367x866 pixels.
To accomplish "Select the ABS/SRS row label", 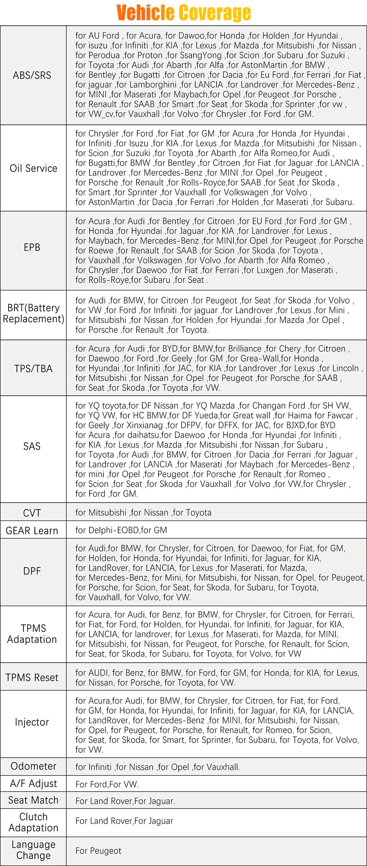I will click(x=32, y=75).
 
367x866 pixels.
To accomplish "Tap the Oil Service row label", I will click(x=33, y=168).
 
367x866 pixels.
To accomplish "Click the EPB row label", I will click(x=32, y=247).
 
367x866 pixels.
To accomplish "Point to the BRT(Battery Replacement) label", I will click(x=33, y=313).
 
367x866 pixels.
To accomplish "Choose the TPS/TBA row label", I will click(x=33, y=368).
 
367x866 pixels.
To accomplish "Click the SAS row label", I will click(x=32, y=446).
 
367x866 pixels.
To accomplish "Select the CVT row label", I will click(x=32, y=512).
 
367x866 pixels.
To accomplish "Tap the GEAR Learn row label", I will click(x=32, y=530).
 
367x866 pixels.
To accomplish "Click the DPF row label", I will click(x=32, y=571).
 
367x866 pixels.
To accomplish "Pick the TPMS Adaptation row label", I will click(x=32, y=634).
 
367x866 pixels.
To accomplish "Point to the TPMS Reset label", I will click(x=32, y=677).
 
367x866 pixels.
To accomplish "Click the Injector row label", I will click(x=32, y=722).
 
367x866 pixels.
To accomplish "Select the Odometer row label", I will click(x=33, y=766).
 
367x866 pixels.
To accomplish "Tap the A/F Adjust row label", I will click(x=33, y=784).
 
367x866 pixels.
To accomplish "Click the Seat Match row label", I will click(x=33, y=800).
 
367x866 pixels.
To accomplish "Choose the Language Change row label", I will click(x=33, y=850).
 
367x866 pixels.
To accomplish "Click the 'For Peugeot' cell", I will click(x=98, y=851).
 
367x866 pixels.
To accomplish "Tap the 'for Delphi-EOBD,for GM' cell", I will click(x=121, y=530).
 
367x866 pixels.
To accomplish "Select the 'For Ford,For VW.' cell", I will click(x=107, y=784).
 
